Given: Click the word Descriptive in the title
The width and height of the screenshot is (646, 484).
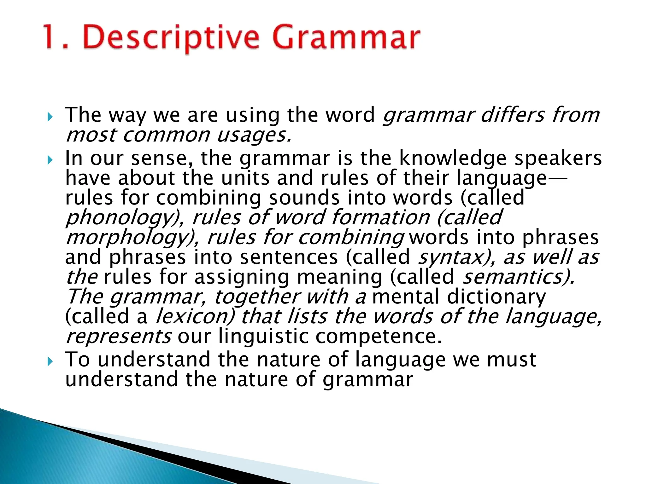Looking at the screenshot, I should coord(171,38).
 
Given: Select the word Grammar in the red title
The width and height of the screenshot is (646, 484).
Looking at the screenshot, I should coord(346,38).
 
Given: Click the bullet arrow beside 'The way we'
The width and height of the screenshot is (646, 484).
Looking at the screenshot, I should coord(50,118).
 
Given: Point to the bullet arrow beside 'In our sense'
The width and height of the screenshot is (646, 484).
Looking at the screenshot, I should coord(50,160).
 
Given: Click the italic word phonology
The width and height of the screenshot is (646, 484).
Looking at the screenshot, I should coord(121,218).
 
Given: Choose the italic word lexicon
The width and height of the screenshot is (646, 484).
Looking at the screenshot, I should coord(195,317).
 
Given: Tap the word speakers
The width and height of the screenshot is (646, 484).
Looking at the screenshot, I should coord(558,158).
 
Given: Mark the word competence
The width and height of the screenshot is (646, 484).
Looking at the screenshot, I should coord(378,337).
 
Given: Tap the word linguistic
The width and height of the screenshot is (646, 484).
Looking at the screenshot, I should coord(263,337).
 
